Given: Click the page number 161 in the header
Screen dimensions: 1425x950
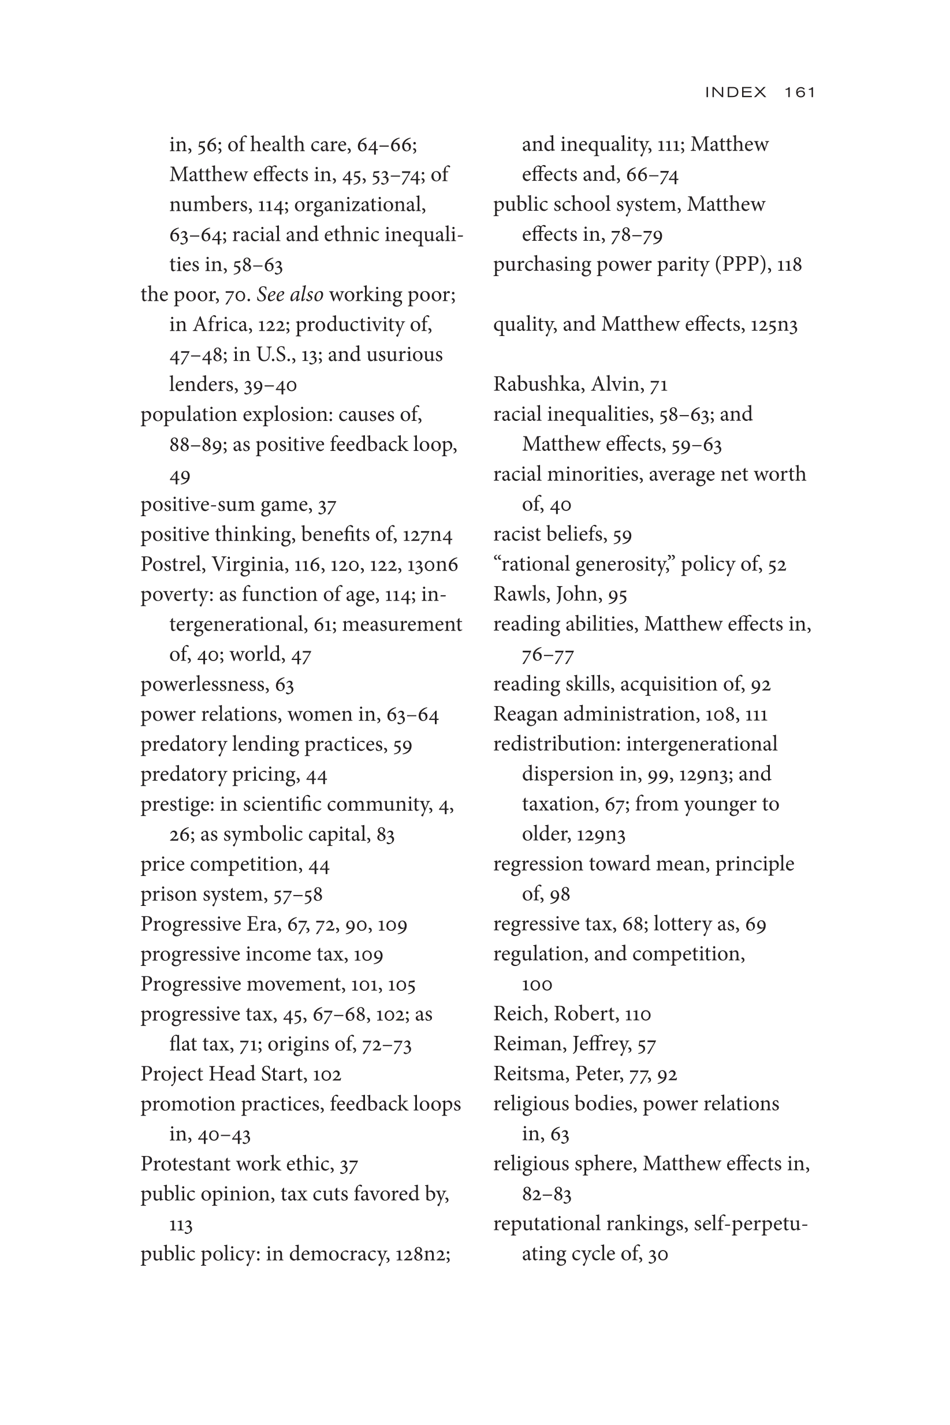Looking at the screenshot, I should pos(800,92).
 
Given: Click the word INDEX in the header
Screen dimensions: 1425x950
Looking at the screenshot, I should pos(736,92).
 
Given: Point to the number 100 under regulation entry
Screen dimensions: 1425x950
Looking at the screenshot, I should pos(537,984).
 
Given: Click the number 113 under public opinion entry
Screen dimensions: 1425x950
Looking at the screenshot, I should pos(181,1225).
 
